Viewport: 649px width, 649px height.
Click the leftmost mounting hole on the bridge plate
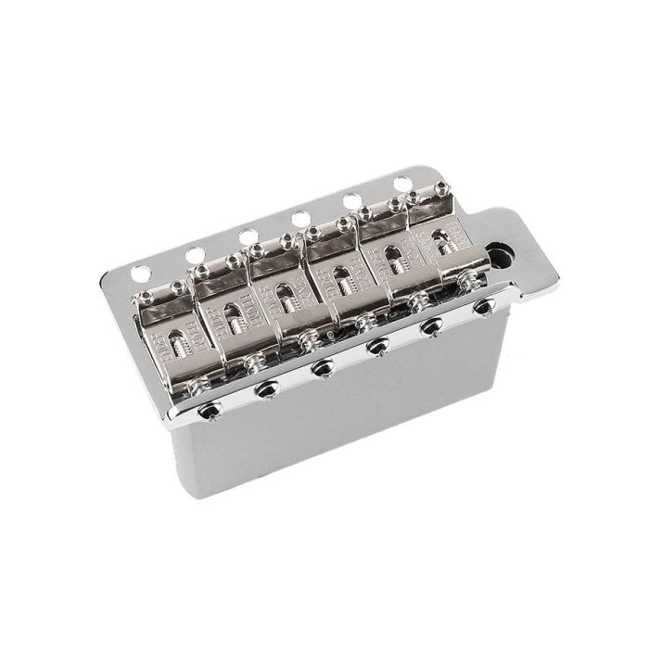[x=141, y=274]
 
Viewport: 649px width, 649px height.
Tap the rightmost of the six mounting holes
[x=402, y=184]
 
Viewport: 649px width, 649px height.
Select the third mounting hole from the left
[x=248, y=236]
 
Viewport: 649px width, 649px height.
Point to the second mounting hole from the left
[x=195, y=254]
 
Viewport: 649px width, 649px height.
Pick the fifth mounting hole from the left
[x=352, y=200]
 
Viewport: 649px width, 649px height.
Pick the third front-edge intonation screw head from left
[x=323, y=369]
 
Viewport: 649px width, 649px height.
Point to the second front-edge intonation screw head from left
[x=267, y=390]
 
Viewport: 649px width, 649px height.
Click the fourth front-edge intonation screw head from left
[x=377, y=348]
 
